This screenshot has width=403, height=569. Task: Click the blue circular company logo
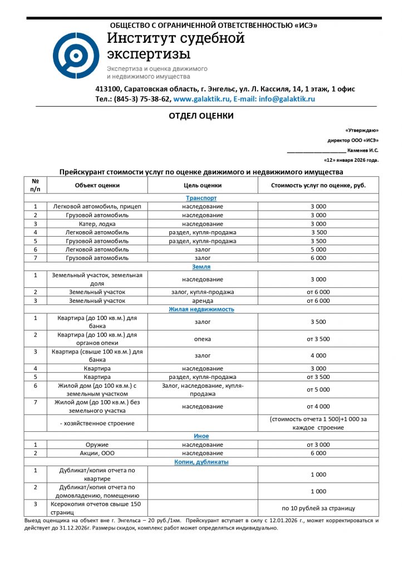[x=76, y=56]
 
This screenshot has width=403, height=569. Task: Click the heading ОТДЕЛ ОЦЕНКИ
[x=201, y=116]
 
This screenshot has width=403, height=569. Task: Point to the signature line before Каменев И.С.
[x=316, y=151]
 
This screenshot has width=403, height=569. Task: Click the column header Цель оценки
[x=203, y=185]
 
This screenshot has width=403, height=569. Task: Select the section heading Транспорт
[x=201, y=198]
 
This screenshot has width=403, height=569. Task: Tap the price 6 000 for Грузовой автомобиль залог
[x=318, y=258]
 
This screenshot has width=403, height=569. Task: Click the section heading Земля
[x=201, y=267]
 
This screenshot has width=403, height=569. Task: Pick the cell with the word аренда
[x=203, y=301]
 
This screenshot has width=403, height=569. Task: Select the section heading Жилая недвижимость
[x=201, y=309]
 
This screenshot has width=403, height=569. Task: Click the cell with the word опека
[x=203, y=339]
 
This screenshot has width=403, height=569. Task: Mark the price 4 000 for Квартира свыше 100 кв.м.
[x=318, y=356]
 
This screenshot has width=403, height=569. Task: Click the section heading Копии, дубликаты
[x=201, y=462]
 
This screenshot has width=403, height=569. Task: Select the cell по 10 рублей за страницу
[x=318, y=508]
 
